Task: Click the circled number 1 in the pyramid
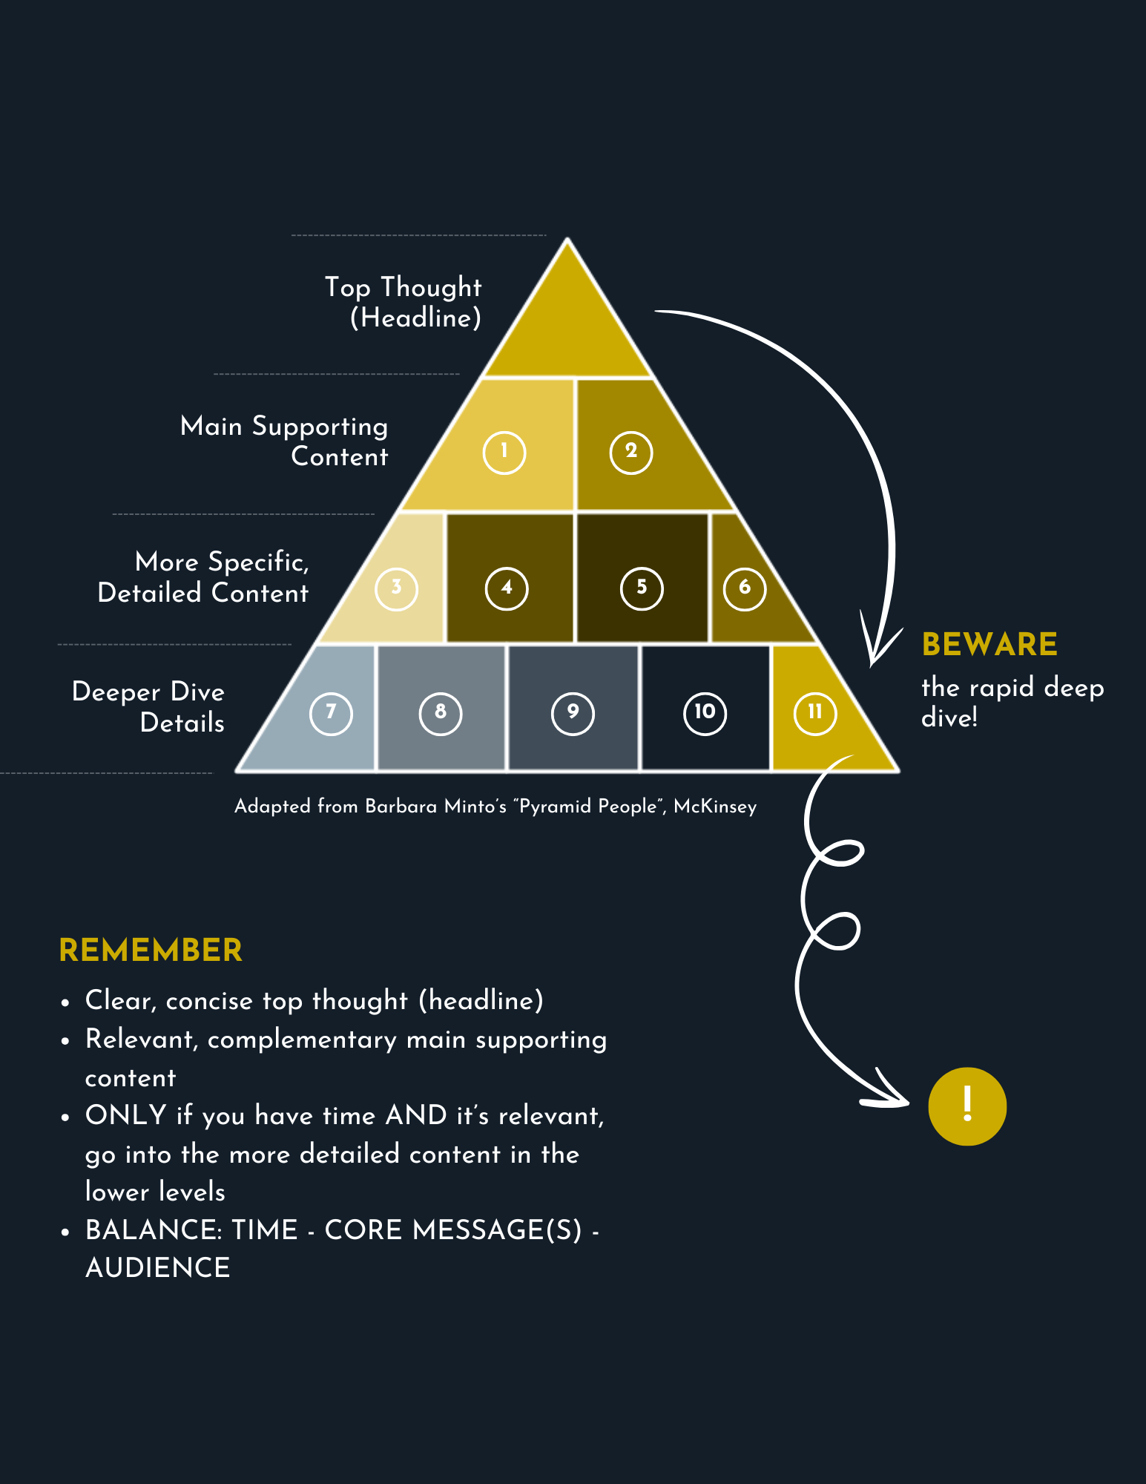coord(504,453)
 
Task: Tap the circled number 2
coord(631,453)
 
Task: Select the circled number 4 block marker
coord(507,589)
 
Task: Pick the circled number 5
coord(642,589)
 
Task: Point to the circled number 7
coord(331,714)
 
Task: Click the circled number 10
coord(705,714)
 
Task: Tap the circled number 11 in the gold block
coord(815,714)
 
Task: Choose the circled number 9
coord(573,714)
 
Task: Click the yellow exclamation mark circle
coord(967,1106)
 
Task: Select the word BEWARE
coord(989,644)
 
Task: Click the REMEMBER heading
coord(151,951)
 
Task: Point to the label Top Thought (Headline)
coord(404,302)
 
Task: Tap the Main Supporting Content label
coord(284,441)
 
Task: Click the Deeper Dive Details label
coord(148,706)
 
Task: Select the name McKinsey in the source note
coord(715,807)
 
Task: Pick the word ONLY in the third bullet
coord(126,1115)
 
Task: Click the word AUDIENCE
coord(158,1268)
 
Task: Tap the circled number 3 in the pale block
coord(396,589)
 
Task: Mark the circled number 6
coord(744,589)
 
